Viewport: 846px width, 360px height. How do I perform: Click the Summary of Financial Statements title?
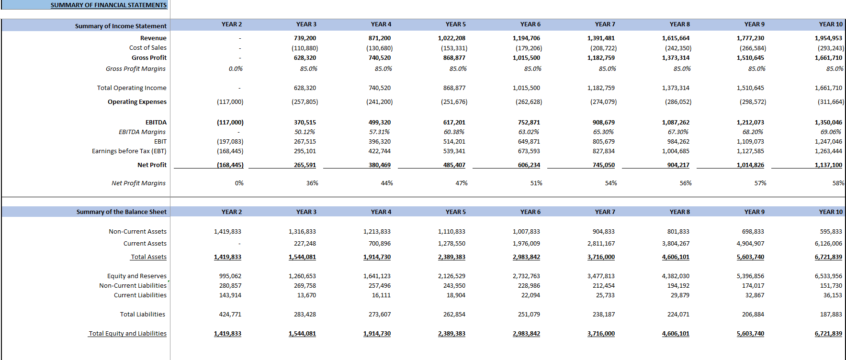109,5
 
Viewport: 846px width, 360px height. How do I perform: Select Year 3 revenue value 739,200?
305,38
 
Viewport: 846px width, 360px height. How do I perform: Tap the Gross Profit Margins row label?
135,69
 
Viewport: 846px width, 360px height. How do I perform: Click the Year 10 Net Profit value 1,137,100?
828,165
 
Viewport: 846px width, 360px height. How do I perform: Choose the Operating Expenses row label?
137,102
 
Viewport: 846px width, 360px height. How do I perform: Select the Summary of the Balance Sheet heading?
122,212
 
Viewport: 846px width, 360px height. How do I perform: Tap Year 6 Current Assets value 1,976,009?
526,244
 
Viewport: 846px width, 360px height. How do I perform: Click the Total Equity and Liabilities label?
127,334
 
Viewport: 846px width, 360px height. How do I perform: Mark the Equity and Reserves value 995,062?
230,276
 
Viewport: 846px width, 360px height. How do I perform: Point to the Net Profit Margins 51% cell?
536,183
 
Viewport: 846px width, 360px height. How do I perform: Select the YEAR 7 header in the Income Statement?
605,24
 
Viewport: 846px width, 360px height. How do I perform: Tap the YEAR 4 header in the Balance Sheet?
381,212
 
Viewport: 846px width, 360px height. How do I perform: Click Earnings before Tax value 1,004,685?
676,151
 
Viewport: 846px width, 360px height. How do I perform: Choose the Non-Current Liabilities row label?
133,286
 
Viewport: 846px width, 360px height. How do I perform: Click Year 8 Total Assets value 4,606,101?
676,257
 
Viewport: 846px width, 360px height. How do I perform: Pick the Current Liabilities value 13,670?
306,295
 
